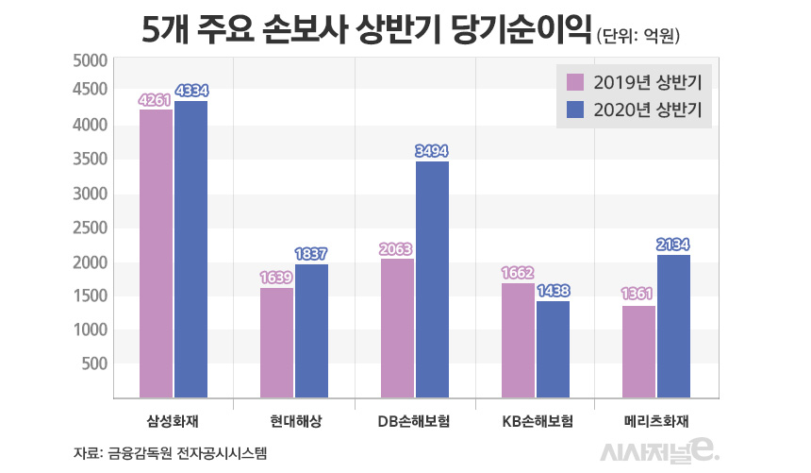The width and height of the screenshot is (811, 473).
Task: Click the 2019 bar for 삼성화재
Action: [x=156, y=254]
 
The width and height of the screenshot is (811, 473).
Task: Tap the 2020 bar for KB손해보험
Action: [x=553, y=349]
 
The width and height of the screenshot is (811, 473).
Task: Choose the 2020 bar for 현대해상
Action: [x=311, y=330]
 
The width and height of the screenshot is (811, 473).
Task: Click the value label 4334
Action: [x=191, y=92]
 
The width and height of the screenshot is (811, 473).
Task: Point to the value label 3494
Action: [x=432, y=150]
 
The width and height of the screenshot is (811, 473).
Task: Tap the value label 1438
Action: [x=553, y=291]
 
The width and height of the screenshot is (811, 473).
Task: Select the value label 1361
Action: [x=638, y=295]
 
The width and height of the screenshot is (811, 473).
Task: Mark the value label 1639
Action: [x=276, y=278]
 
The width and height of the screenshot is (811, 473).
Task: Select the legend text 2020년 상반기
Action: [x=652, y=110]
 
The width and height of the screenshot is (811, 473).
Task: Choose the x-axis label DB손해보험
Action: [x=414, y=421]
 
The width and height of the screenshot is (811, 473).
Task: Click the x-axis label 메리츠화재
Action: [x=655, y=421]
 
